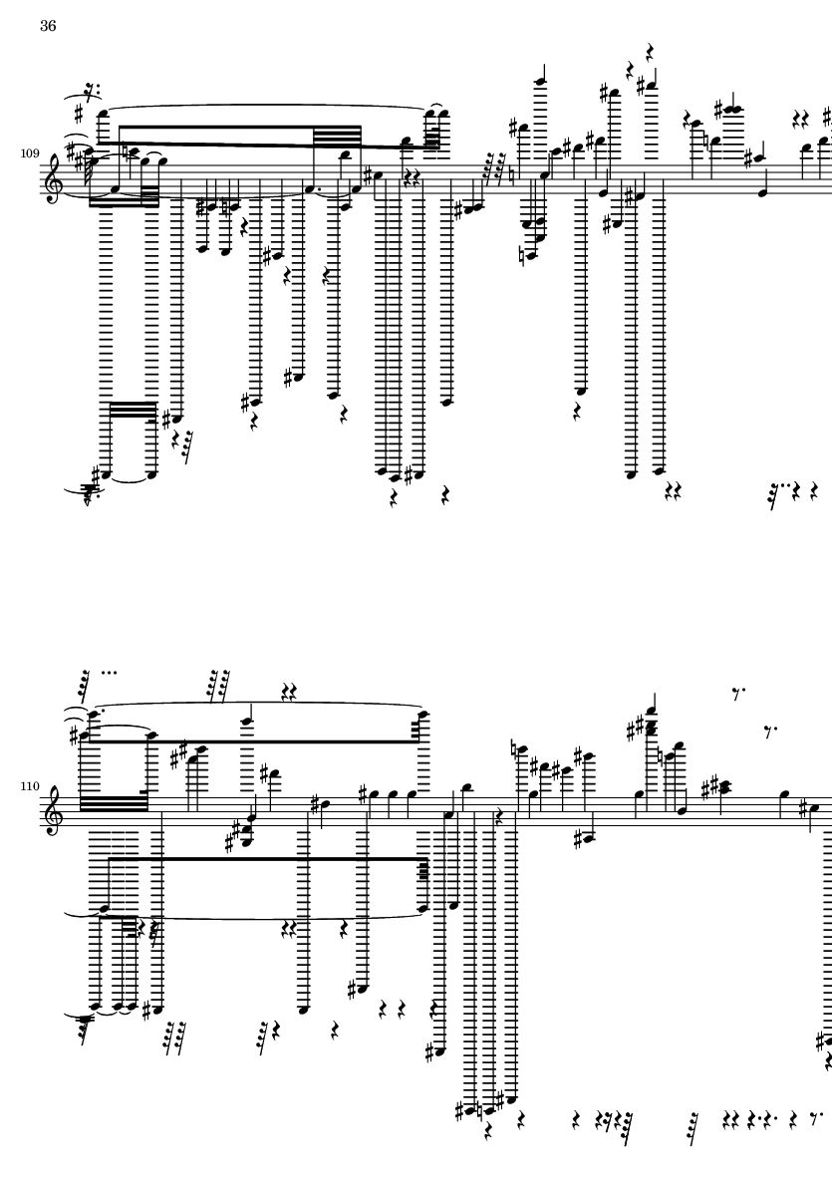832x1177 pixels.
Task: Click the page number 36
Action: point(48,27)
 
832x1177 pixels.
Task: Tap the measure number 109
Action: point(29,154)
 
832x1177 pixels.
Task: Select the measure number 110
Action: point(29,786)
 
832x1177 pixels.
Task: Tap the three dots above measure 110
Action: point(109,671)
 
